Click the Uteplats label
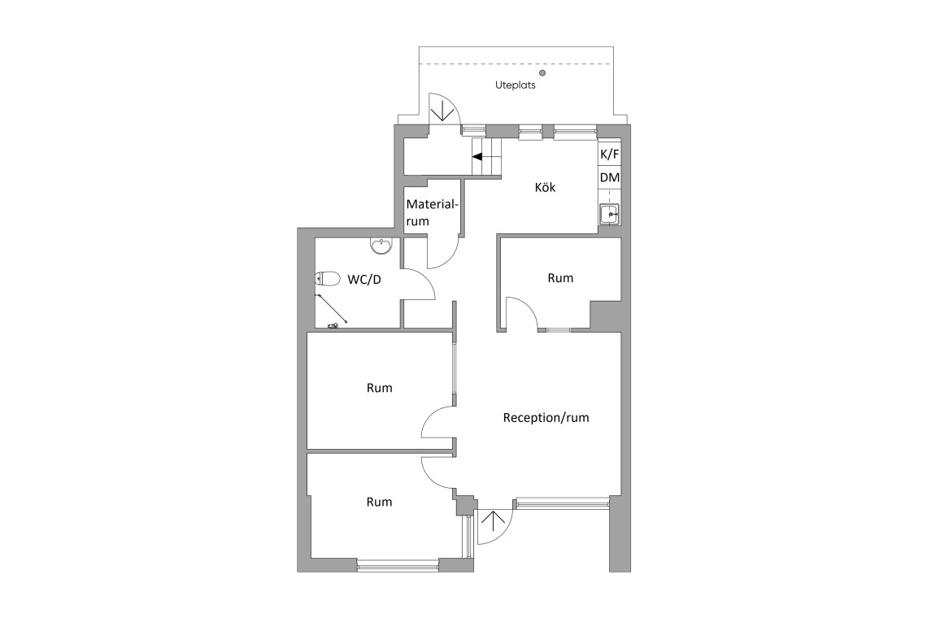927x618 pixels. (515, 85)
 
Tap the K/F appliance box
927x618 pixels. (610, 154)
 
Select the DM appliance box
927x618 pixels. (610, 177)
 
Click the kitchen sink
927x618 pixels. (610, 214)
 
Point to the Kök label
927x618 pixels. (545, 187)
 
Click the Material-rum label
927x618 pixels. (431, 213)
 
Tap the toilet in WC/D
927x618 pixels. (328, 278)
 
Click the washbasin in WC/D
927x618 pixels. (381, 246)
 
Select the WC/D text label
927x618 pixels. (364, 279)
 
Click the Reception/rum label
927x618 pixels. (546, 417)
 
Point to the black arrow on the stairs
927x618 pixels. (477, 157)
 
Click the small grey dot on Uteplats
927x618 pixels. (542, 73)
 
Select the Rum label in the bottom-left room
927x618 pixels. (379, 502)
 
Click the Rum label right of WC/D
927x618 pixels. (560, 278)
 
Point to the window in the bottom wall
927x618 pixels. (398, 565)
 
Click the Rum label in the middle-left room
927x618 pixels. (379, 388)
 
